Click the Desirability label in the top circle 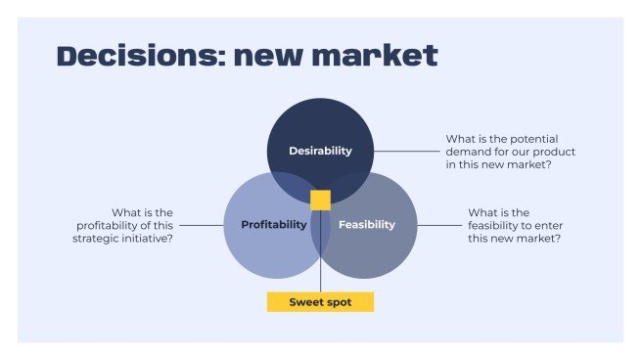tap(320, 151)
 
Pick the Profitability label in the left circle tap(274, 225)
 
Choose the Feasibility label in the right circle tap(367, 225)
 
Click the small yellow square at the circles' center tap(320, 201)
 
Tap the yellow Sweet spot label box tap(320, 302)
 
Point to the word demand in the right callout tap(470, 152)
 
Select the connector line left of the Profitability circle tap(202, 225)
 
